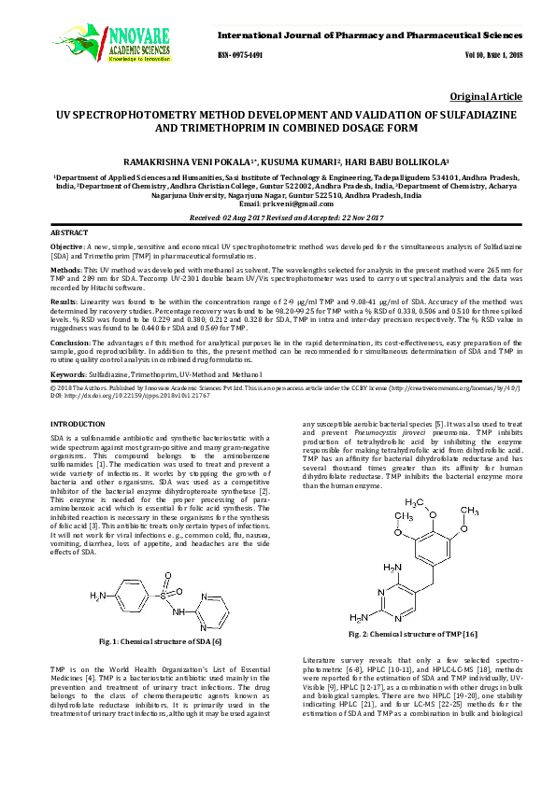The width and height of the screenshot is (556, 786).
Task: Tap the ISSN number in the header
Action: [242, 55]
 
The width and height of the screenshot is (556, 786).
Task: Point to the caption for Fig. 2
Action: [411, 634]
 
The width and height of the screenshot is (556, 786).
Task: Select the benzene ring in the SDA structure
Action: [129, 594]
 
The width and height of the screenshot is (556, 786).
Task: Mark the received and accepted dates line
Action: [277, 217]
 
